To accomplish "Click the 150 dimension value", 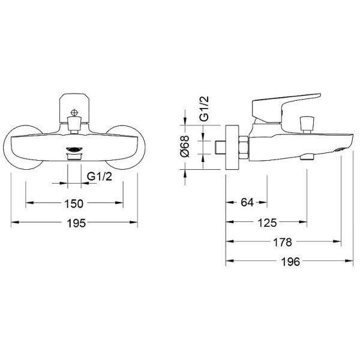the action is point(74,203).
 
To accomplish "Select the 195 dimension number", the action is point(76,223).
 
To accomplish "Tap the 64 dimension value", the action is point(247,202).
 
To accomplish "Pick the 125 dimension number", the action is point(267,223).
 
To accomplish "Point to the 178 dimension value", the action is point(283,242).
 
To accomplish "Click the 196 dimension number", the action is point(290,262).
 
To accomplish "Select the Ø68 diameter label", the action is point(185,146).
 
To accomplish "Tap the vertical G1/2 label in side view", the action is point(204,109).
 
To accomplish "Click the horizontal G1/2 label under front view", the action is point(100,176).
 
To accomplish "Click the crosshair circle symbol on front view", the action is point(74,113).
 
